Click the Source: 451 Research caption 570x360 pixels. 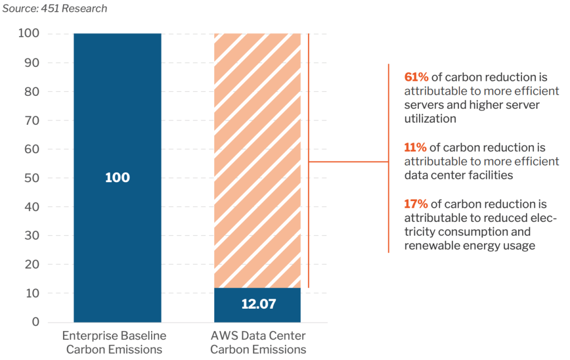coord(55,8)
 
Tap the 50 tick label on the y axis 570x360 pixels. coord(32,178)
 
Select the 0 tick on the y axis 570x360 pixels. coord(36,322)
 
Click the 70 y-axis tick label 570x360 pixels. coord(32,120)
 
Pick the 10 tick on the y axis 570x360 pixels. coord(32,293)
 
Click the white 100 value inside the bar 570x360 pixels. coord(117,178)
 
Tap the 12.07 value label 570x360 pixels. coord(257,304)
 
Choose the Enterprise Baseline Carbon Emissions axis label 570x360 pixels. coord(114,343)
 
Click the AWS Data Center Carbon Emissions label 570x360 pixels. coord(258,343)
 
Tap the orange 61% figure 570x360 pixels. coord(416,77)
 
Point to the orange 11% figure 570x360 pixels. coord(416,148)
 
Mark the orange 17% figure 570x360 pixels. coord(416,204)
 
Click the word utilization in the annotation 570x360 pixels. coord(430,119)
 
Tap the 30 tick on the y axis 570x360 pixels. coord(32,236)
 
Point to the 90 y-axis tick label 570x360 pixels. coord(32,63)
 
